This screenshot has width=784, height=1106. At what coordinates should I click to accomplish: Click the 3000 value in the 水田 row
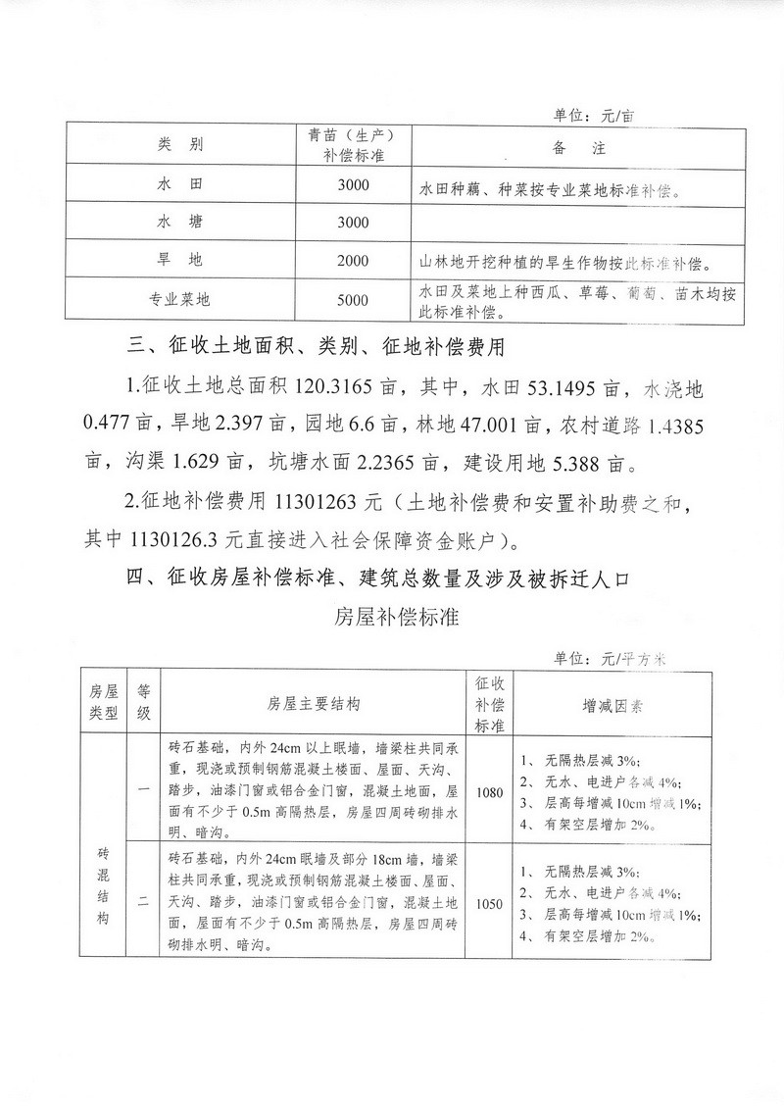tap(352, 184)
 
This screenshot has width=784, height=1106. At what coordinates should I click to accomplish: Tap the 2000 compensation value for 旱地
tap(352, 261)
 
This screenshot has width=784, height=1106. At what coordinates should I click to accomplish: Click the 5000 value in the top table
tap(352, 300)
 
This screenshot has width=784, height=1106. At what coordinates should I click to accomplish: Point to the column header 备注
tap(573, 146)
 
